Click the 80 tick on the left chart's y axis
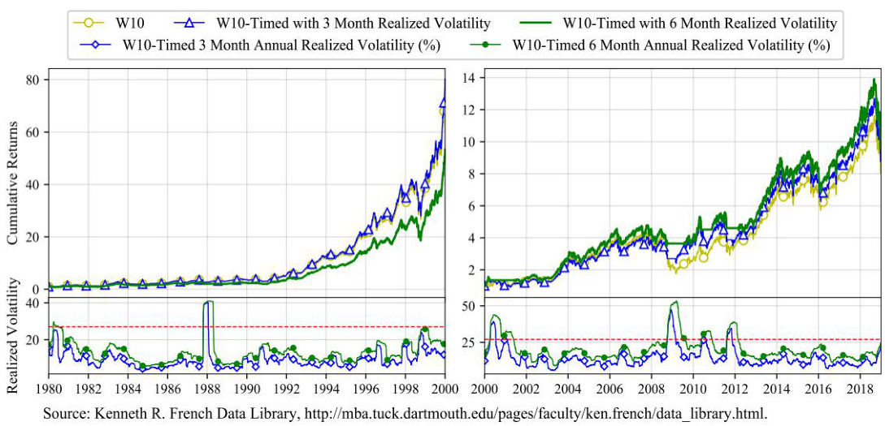pos(35,80)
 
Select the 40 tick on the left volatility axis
pos(35,303)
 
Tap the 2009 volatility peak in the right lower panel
pos(674,303)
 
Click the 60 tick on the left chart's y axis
pos(35,132)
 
